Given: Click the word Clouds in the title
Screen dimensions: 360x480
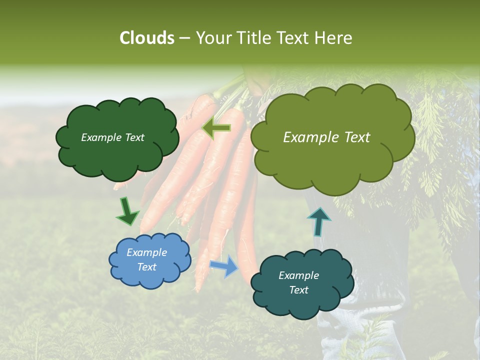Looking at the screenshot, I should click(x=146, y=38).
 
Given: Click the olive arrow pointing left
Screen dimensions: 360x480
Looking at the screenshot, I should click(x=216, y=128).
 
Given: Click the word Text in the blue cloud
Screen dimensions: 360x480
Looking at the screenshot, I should click(x=146, y=267).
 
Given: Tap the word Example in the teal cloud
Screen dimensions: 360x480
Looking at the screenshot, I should click(x=298, y=275).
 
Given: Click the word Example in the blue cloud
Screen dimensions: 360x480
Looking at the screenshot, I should click(x=146, y=252).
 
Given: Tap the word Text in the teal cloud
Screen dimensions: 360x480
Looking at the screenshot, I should click(x=298, y=290).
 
